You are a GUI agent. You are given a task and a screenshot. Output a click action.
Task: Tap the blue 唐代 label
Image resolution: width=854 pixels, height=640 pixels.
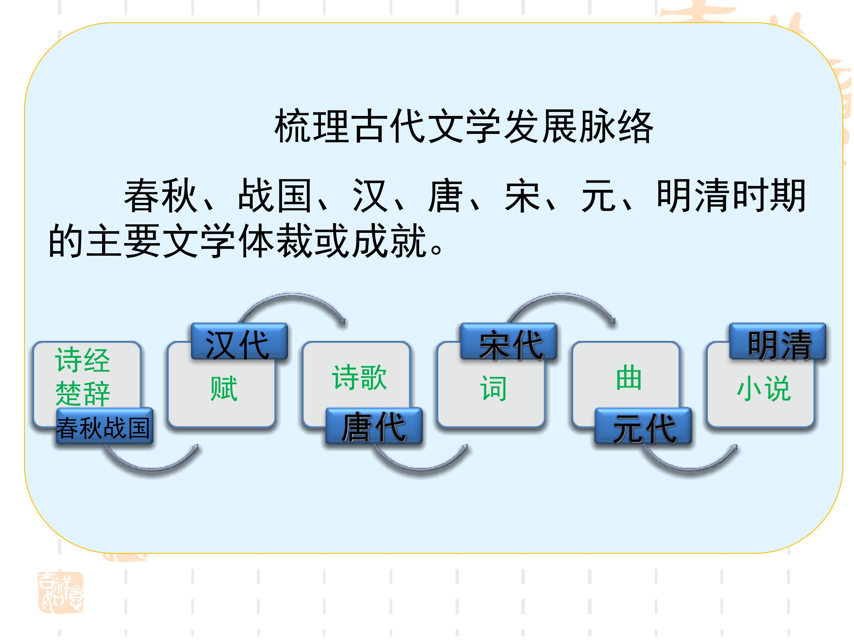coord(374,426)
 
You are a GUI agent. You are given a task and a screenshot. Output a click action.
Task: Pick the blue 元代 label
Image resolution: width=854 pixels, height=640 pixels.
coord(643,426)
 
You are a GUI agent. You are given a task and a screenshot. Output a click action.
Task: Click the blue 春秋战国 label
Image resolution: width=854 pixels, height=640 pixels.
coord(105,426)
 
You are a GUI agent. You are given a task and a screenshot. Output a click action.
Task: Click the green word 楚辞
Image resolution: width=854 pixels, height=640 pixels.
coord(83,393)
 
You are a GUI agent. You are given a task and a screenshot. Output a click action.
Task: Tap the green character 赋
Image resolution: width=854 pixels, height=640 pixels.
coord(224,388)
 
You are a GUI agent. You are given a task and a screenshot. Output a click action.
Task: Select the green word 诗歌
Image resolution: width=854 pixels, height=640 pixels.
coord(359,377)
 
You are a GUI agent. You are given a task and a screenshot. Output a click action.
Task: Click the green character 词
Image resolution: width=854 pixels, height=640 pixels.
coord(493,388)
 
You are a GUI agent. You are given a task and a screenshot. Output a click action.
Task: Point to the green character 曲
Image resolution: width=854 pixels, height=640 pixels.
coord(629,377)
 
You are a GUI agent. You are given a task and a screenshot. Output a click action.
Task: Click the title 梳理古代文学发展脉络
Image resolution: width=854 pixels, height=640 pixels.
coord(464,126)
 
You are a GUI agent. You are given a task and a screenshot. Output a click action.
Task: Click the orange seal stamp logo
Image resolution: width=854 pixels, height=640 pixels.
coord(60,593)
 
